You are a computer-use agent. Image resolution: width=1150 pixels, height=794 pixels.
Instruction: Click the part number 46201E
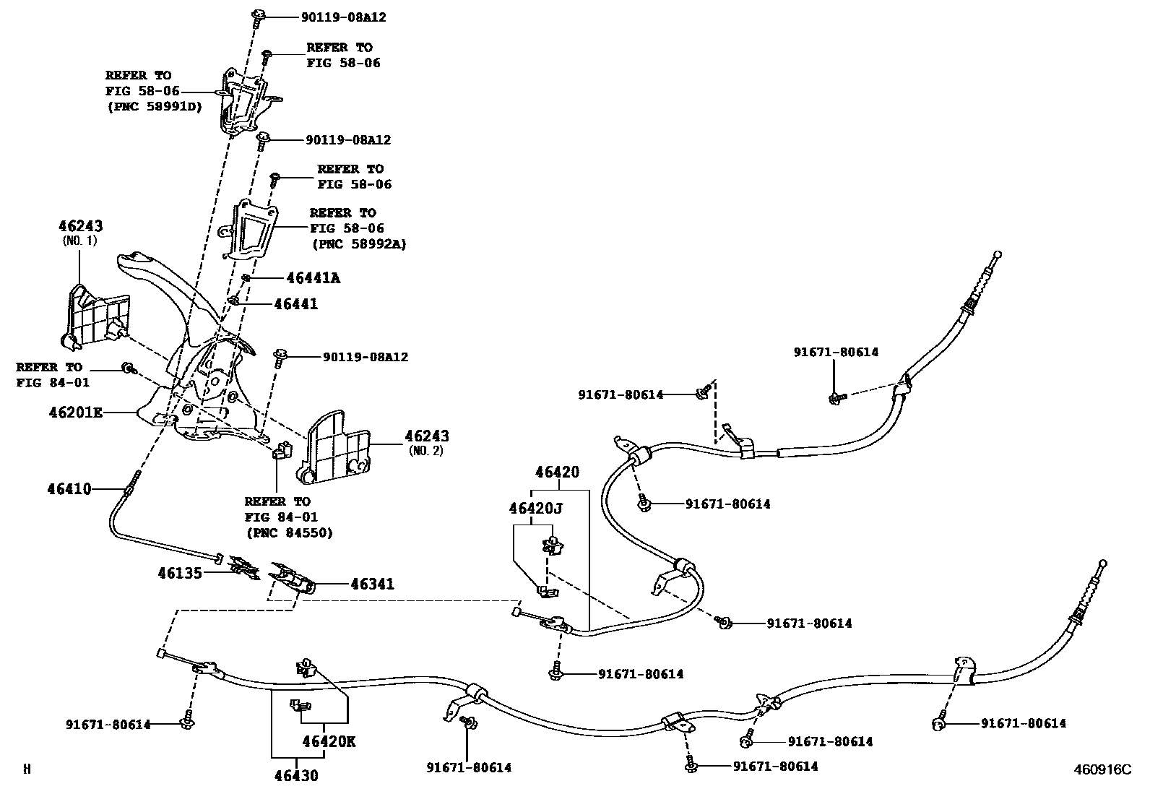75,413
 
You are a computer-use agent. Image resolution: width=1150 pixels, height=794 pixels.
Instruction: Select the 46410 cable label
69,489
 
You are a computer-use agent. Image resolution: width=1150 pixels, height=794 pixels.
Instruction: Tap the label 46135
180,573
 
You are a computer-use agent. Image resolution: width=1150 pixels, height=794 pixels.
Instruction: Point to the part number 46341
373,584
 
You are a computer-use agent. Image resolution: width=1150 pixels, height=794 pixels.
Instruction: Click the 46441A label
313,277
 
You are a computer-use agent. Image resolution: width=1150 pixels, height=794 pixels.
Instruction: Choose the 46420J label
535,508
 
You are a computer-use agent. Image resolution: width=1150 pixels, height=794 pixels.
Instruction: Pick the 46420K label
329,741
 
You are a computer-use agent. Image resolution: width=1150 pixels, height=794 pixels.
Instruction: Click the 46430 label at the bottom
295,776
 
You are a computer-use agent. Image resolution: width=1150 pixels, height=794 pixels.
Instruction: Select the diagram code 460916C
1102,769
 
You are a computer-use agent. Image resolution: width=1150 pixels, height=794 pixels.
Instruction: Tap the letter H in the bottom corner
27,769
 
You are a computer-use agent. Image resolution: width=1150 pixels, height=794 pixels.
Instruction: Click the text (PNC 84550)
288,533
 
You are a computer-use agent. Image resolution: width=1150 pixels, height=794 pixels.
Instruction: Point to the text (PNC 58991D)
155,107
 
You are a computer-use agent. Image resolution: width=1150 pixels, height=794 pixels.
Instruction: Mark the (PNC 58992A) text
359,244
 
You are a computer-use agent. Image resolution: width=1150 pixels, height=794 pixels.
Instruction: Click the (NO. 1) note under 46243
79,241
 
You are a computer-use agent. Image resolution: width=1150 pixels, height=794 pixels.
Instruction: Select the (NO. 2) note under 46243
426,451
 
